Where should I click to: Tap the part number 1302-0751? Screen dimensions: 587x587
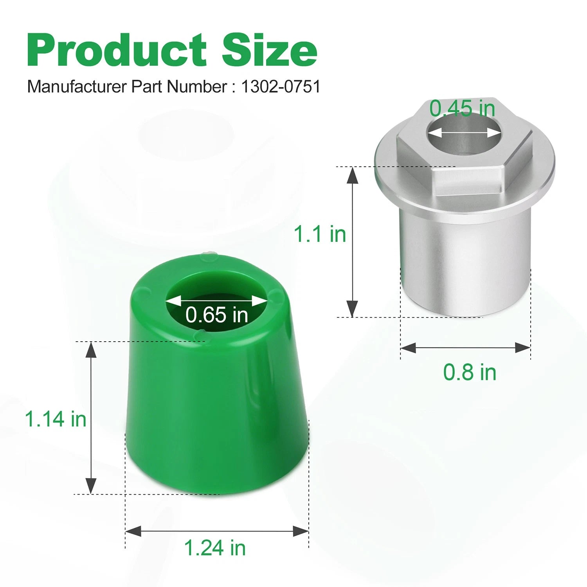tap(281, 86)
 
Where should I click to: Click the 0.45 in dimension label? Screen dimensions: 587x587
tap(462, 108)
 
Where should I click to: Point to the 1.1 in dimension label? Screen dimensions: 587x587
tap(320, 234)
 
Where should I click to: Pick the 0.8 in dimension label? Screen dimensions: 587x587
tap(470, 372)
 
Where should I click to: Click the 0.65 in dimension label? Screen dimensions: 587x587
tap(217, 315)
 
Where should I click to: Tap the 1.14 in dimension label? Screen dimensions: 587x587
tap(56, 419)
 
